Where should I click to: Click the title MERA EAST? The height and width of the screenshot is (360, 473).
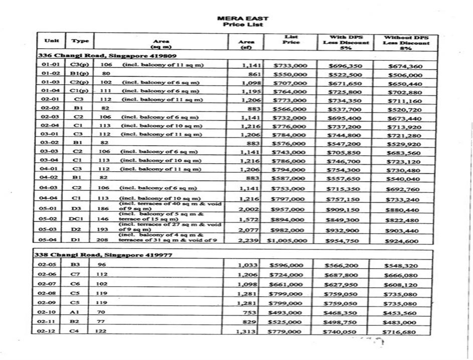[x=243, y=18]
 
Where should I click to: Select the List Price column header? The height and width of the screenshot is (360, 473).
[x=291, y=40]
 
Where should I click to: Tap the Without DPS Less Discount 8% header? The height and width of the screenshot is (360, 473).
[x=406, y=43]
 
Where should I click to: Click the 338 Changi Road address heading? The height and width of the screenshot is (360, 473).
[x=104, y=255]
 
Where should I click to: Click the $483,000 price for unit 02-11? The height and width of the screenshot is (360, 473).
[x=400, y=322]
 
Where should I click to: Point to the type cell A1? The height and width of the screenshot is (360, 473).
[x=75, y=312]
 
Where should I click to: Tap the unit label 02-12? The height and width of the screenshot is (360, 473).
[x=48, y=331]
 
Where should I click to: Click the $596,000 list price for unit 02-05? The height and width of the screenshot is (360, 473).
[x=286, y=265]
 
